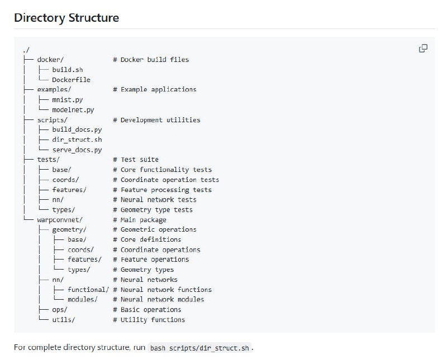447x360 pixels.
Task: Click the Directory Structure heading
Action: pyautogui.click(x=66, y=17)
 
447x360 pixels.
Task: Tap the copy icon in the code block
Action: pyautogui.click(x=423, y=49)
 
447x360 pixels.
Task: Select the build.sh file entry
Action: pyautogui.click(x=68, y=70)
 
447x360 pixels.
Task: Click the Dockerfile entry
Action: pyautogui.click(x=71, y=80)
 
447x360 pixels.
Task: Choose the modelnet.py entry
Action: pyautogui.click(x=73, y=110)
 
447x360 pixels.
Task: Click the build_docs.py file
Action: pyautogui.click(x=77, y=129)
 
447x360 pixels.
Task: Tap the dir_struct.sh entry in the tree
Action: pyautogui.click(x=77, y=140)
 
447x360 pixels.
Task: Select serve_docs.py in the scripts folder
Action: pyautogui.click(x=77, y=150)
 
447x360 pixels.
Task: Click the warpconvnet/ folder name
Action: pyautogui.click(x=60, y=220)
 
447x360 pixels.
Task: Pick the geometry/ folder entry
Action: pyautogui.click(x=69, y=229)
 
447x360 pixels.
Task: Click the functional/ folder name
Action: pyautogui.click(x=88, y=290)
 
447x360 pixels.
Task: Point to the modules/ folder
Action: pyautogui.click(x=83, y=300)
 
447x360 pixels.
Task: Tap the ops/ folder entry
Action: pyautogui.click(x=60, y=310)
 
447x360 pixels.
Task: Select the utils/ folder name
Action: pyautogui.click(x=63, y=320)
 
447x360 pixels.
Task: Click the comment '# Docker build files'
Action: pyautogui.click(x=154, y=60)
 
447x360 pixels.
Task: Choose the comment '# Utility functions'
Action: pyautogui.click(x=149, y=320)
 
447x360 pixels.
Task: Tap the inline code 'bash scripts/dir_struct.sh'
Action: pyautogui.click(x=200, y=348)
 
